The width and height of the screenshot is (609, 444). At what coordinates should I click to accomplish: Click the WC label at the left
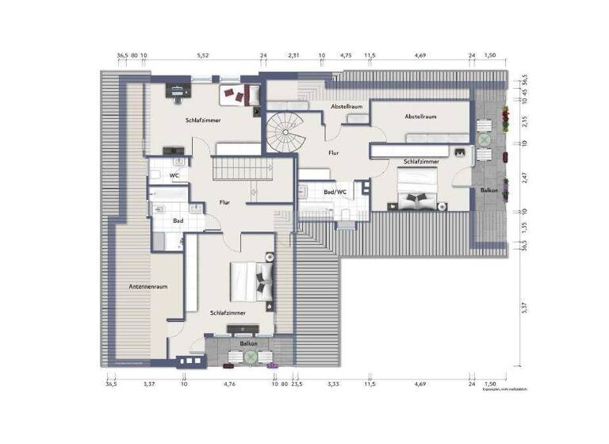pyautogui.click(x=173, y=175)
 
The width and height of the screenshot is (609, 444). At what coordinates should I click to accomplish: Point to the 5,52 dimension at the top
pyautogui.click(x=203, y=55)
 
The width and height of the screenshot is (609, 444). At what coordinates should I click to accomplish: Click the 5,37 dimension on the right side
pyautogui.click(x=523, y=309)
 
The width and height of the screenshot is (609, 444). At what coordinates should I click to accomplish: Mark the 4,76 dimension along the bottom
pyautogui.click(x=229, y=384)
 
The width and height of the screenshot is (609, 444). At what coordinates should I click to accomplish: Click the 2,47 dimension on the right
pyautogui.click(x=523, y=177)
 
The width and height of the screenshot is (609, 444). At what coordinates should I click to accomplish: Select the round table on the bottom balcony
pyautogui.click(x=251, y=358)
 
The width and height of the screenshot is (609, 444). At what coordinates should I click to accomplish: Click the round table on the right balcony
pyautogui.click(x=484, y=140)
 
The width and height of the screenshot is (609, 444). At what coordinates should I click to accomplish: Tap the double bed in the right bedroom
pyautogui.click(x=417, y=193)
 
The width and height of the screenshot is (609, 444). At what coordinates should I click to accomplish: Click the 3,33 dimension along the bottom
pyautogui.click(x=334, y=384)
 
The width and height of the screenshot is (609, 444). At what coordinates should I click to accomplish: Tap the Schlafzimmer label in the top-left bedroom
pyautogui.click(x=204, y=120)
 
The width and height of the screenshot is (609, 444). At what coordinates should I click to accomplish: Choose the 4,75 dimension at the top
pyautogui.click(x=346, y=55)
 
